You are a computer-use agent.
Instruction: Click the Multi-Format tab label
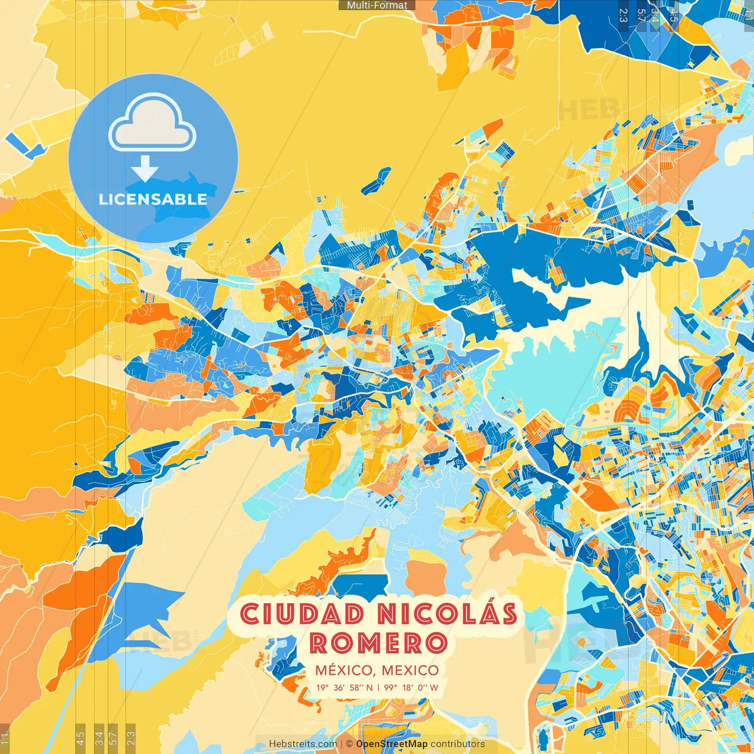[x=377, y=5]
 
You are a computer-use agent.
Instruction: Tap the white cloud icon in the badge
[x=153, y=124]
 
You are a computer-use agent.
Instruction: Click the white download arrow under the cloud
[x=145, y=170]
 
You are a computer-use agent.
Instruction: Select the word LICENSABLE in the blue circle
[x=153, y=199]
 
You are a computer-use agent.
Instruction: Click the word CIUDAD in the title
[x=302, y=614]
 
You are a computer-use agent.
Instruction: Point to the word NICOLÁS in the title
[x=447, y=614]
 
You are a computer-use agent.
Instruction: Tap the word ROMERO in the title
[x=378, y=643]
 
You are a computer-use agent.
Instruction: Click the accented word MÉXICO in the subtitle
[x=343, y=670]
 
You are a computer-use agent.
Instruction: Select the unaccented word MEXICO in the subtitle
[x=410, y=670]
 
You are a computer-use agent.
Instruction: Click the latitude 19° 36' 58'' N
[x=344, y=687]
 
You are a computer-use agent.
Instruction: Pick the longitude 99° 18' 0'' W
[x=411, y=687]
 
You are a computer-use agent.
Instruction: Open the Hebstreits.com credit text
[x=303, y=744]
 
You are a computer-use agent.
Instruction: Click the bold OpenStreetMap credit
[x=392, y=744]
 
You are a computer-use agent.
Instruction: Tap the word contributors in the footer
[x=458, y=744]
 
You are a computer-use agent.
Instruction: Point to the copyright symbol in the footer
[x=349, y=744]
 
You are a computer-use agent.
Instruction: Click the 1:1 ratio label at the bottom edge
[x=5, y=737]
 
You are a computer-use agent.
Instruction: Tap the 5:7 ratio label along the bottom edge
[x=113, y=737]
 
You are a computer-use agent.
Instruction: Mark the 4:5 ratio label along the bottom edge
[x=80, y=737]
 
